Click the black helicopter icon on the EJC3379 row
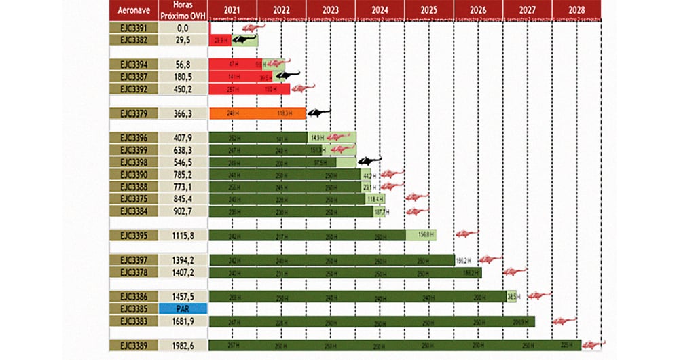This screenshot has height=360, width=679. tap(319, 113)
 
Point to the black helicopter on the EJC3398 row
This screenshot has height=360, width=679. tap(369, 161)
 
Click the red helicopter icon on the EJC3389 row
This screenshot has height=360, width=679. tap(593, 344)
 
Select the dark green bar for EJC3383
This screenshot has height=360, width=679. tap(371, 321)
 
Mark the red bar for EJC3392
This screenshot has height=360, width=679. tap(249, 89)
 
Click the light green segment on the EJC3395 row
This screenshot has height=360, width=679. tap(421, 235)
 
